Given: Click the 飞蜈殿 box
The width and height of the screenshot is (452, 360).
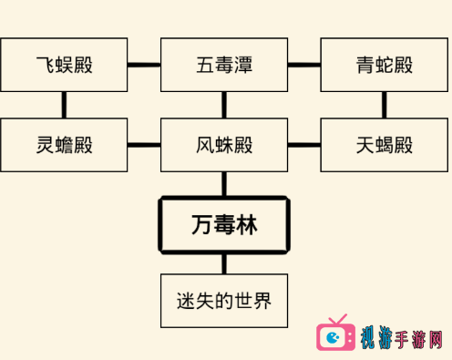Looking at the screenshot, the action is coord(64,65).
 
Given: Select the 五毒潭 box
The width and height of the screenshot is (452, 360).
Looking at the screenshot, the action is coord(224,65).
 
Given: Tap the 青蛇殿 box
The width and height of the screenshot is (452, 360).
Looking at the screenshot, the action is coord(385,65).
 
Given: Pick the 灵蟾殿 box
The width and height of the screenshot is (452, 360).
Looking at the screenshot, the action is coord(64,145).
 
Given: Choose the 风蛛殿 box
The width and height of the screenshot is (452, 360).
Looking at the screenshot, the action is coord(224,145).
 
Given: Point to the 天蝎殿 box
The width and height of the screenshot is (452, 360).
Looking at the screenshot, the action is coord(385,145).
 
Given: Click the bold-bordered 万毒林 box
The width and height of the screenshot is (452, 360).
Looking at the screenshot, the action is coord(224,225).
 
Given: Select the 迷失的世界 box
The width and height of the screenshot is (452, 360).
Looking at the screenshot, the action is coord(224,301).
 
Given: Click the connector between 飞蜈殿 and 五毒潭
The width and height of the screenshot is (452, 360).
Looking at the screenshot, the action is coord(144,65).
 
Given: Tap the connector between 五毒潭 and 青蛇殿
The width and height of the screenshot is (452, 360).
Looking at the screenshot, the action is coord(304,65).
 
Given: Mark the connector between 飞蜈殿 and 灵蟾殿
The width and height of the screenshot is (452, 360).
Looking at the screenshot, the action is coord(64,105).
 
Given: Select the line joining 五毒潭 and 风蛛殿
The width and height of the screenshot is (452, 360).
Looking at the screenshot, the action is coord(224,105).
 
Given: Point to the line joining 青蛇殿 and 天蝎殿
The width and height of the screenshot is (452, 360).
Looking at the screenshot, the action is coord(385,105).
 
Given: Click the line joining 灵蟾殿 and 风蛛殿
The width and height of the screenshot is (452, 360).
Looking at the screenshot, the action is coord(144,145).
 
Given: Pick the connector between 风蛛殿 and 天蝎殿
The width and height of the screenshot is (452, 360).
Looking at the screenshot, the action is coord(304,145).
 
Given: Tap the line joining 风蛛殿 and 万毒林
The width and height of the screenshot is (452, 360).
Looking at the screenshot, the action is coord(224,184).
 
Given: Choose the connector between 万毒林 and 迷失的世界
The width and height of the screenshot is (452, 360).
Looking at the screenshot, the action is coord(224,264).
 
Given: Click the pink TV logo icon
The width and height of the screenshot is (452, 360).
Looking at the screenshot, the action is coord(335,334).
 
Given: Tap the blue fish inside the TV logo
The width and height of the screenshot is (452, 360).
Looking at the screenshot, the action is coord(333,337).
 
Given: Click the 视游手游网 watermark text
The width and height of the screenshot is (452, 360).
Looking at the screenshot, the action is coord(401,338).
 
